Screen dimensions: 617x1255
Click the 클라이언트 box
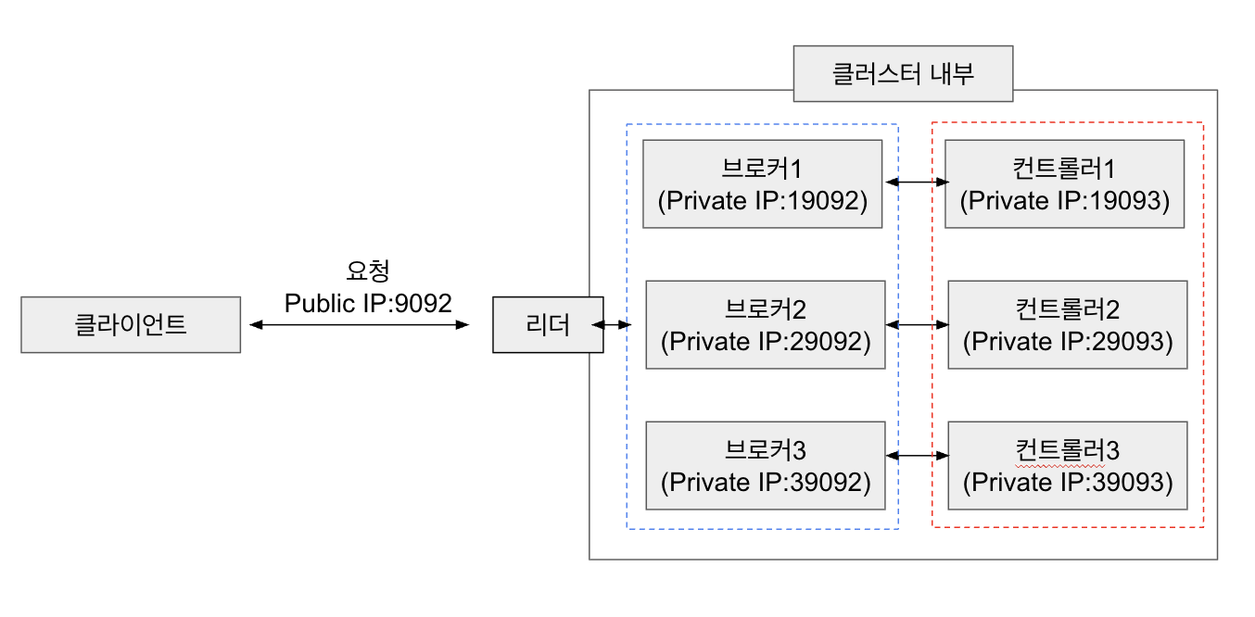(x=131, y=325)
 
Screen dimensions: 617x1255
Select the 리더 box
(x=547, y=325)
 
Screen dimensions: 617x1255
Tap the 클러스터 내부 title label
(x=903, y=73)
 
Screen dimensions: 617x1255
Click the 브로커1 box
(x=762, y=183)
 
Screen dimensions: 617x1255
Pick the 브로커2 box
(x=766, y=325)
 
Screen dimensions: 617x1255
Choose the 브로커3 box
(x=766, y=465)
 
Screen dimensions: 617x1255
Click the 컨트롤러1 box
(x=1064, y=183)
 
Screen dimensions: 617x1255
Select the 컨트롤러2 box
(x=1068, y=325)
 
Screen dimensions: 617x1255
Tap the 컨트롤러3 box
(x=1068, y=465)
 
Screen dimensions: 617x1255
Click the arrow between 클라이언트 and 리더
(x=359, y=325)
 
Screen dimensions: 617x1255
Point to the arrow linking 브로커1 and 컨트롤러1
(x=917, y=183)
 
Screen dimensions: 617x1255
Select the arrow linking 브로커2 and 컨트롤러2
(x=919, y=324)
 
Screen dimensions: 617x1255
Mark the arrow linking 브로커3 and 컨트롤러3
(x=919, y=455)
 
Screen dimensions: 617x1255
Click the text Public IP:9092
(x=368, y=302)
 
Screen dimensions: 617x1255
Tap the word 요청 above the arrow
(x=368, y=271)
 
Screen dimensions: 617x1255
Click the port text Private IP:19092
(x=762, y=200)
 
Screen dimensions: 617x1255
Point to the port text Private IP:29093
(x=1068, y=342)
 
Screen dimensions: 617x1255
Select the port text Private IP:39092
(x=766, y=482)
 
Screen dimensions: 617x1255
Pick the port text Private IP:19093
(x=1064, y=200)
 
